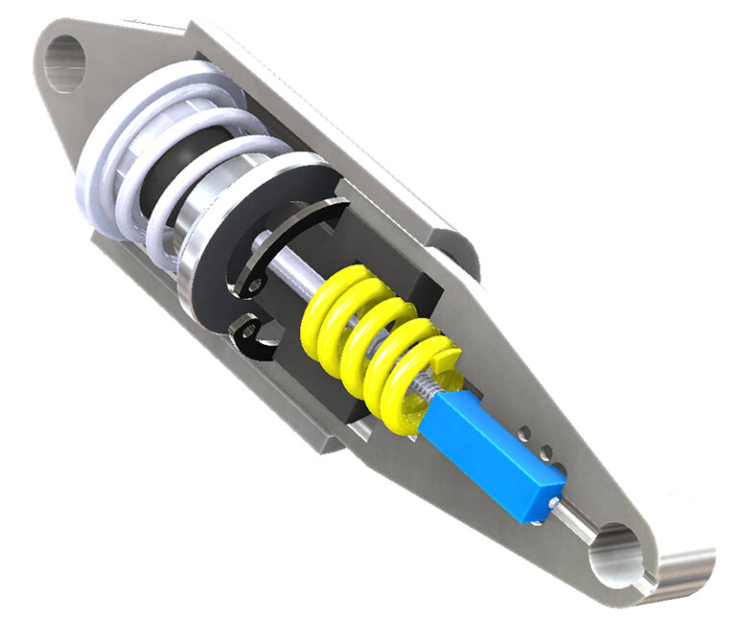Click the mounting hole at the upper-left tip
64,62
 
